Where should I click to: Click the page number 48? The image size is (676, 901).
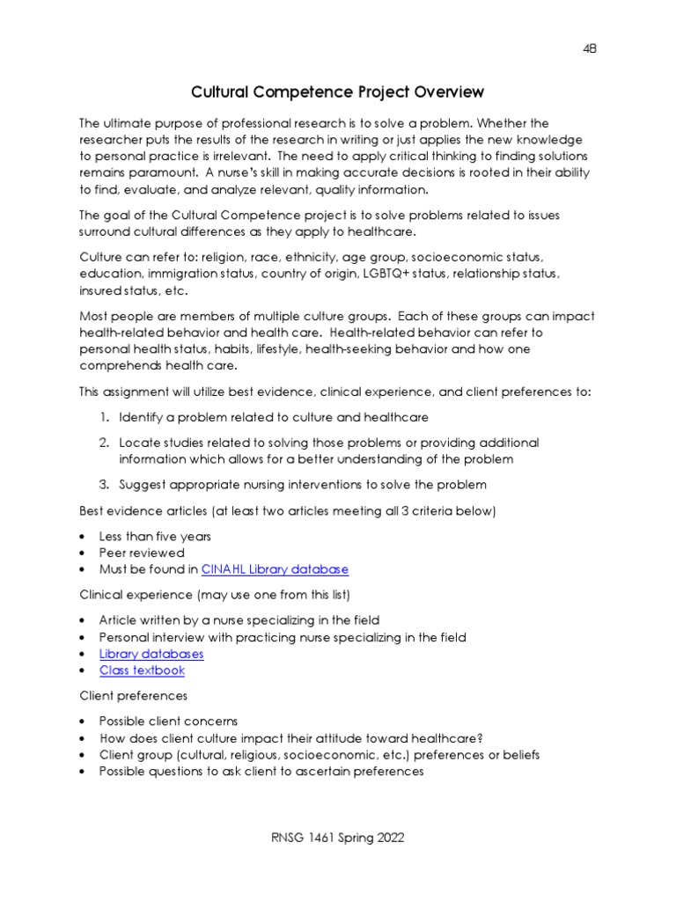pos(590,49)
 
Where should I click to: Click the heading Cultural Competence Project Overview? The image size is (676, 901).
pos(338,92)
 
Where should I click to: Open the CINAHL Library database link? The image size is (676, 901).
pos(275,569)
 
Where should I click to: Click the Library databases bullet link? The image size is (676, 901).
pos(151,654)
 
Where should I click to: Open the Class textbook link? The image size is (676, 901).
pos(142,670)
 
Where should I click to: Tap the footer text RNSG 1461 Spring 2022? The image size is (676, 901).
pos(338,838)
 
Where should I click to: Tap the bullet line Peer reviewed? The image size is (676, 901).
pos(142,553)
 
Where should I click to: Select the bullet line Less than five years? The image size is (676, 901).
pos(155,536)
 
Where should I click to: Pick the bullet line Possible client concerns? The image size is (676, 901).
pos(168,721)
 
